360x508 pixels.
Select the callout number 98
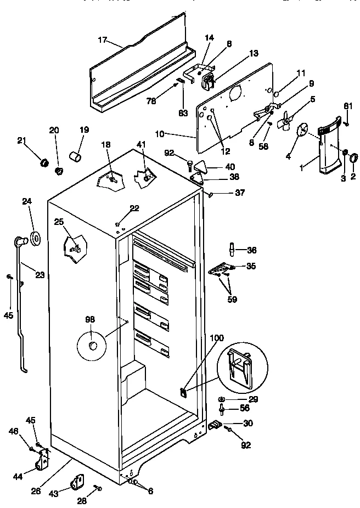(x=89, y=319)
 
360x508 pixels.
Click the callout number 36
(x=252, y=250)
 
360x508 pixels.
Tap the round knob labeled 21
(x=43, y=163)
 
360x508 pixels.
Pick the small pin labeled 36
(x=233, y=251)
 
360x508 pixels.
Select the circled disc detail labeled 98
(x=93, y=346)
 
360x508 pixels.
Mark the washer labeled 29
(x=221, y=399)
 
